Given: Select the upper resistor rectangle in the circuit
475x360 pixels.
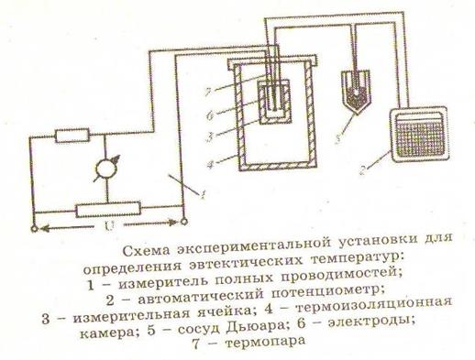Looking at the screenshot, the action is click(x=72, y=136).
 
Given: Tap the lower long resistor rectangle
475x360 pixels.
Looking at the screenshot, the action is click(x=108, y=210).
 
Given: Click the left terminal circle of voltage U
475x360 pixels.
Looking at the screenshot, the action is click(x=34, y=228).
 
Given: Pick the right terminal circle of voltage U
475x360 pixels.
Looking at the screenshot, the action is click(x=183, y=222).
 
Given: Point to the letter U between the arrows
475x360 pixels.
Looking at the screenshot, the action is click(x=109, y=226).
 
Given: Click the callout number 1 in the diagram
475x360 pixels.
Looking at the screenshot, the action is click(x=203, y=194).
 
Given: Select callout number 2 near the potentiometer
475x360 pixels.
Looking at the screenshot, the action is click(x=363, y=170).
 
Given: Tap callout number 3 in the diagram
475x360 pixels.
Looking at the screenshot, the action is click(x=209, y=136).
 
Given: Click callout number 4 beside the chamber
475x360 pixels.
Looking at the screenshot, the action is click(x=209, y=165).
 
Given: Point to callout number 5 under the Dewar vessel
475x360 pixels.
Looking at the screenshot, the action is click(x=337, y=138).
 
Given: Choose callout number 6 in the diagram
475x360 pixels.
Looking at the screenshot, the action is click(x=210, y=116).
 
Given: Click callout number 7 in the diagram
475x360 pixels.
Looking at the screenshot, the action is click(x=209, y=92).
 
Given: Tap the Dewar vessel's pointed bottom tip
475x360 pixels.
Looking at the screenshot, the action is click(x=355, y=115).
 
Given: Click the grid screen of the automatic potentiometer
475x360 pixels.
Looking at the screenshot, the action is click(x=419, y=136).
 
